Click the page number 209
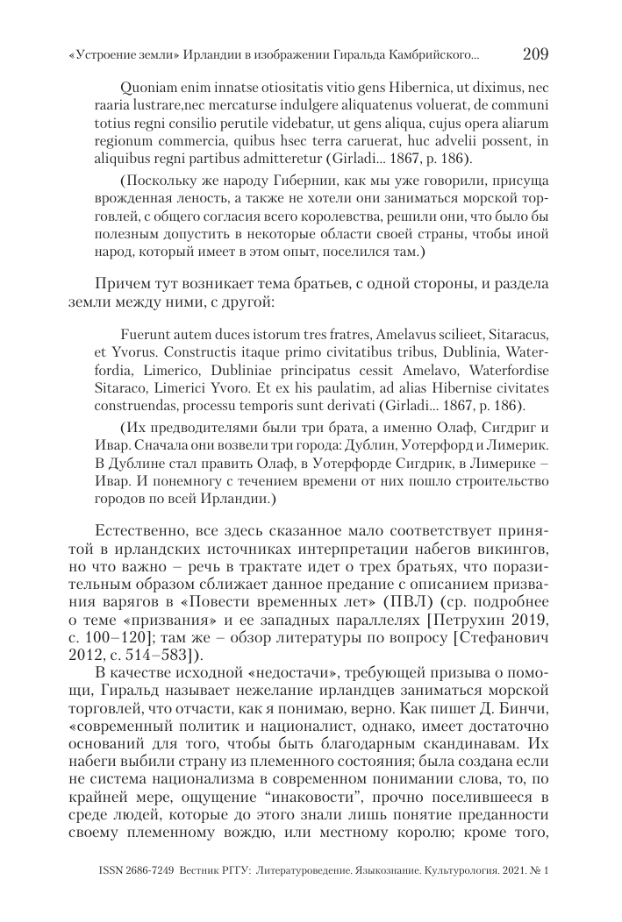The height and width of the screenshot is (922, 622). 534,54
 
